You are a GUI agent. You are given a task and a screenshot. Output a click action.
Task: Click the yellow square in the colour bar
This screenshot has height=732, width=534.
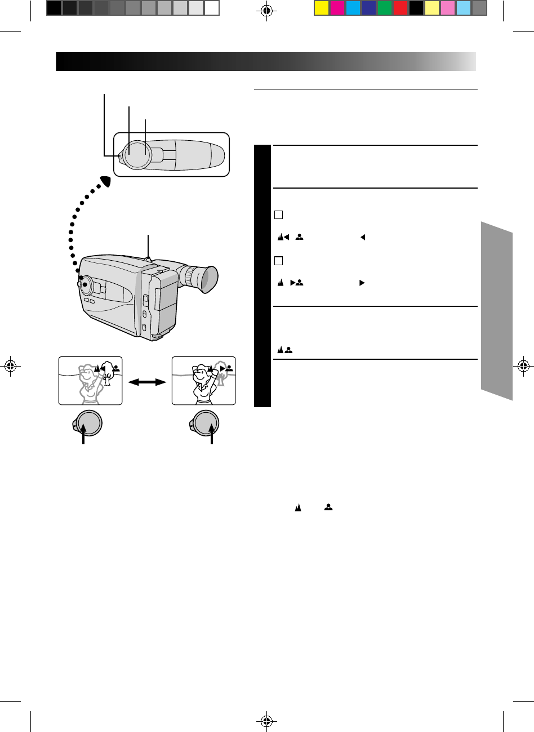[322, 8]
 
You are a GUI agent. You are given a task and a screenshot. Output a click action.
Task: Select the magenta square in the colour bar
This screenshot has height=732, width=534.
[337, 8]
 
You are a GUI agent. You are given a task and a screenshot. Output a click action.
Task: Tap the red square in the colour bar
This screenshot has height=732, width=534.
[400, 8]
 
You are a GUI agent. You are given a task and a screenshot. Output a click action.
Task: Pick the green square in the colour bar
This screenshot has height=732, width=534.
[385, 8]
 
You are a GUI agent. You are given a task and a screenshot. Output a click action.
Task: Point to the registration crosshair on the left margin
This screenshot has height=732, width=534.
[10, 365]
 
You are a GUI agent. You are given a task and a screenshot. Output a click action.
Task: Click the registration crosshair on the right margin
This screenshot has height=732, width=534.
[524, 365]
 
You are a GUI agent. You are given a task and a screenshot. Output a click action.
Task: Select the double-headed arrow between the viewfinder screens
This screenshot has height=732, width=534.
[148, 382]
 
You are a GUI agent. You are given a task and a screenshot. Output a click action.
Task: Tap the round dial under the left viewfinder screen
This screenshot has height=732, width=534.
[88, 423]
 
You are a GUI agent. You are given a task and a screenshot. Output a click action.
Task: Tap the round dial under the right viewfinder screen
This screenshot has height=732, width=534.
[206, 423]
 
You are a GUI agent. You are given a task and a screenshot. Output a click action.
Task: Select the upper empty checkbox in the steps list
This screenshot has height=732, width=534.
[278, 215]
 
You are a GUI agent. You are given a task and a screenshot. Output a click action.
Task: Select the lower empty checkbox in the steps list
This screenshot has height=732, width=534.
[278, 261]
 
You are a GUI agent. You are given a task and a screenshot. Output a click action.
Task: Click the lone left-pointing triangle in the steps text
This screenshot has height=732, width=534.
[363, 238]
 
